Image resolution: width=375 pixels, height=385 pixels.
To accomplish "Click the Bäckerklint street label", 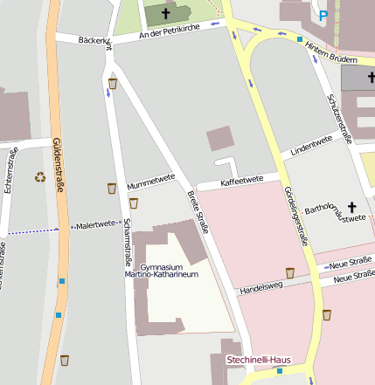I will (x=94, y=41).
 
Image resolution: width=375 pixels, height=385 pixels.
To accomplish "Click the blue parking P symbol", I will (x=324, y=15).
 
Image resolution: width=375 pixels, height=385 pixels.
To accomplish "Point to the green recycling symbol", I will (x=40, y=177).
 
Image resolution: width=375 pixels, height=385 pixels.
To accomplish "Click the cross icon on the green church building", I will (x=165, y=14).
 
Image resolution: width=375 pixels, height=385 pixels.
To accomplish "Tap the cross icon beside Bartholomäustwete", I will (x=353, y=207).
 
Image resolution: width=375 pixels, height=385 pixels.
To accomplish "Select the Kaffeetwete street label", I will (x=242, y=182).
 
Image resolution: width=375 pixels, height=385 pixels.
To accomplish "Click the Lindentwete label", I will (x=311, y=146).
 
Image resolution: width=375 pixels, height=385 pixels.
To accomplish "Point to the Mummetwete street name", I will (x=151, y=181).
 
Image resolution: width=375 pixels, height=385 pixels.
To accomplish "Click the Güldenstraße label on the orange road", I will (x=59, y=161).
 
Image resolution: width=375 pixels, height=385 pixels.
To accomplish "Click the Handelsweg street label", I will (x=262, y=285).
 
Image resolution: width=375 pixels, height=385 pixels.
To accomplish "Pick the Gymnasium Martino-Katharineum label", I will (x=169, y=270).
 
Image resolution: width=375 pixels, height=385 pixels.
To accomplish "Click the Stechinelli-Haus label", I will (x=258, y=359).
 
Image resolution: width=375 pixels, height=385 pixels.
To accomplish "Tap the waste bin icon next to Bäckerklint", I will (x=113, y=84).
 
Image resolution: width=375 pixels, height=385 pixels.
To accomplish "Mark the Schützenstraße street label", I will (x=339, y=119).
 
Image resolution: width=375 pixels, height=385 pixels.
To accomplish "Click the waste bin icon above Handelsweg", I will (x=290, y=272).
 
